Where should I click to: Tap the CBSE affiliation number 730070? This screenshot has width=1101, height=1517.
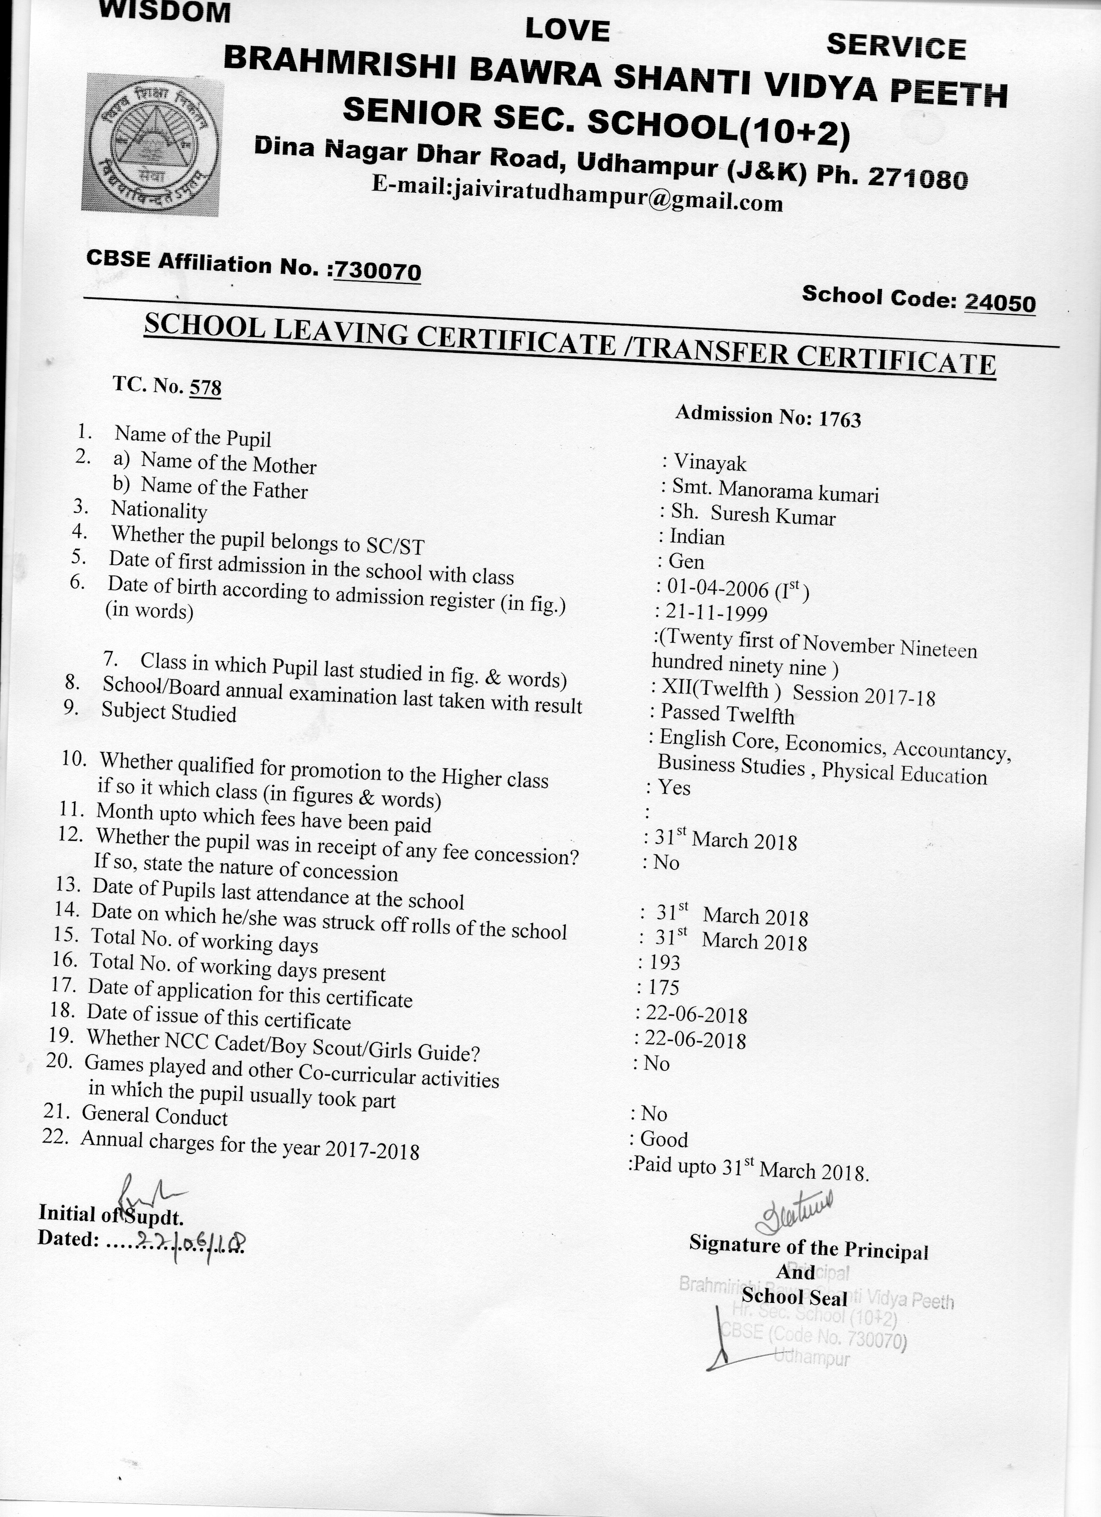(x=378, y=271)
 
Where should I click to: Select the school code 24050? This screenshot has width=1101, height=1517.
(x=1000, y=303)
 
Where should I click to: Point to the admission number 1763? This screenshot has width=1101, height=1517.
(x=839, y=419)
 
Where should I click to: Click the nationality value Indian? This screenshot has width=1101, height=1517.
(x=697, y=537)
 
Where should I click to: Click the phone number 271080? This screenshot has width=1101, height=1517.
(x=917, y=177)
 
